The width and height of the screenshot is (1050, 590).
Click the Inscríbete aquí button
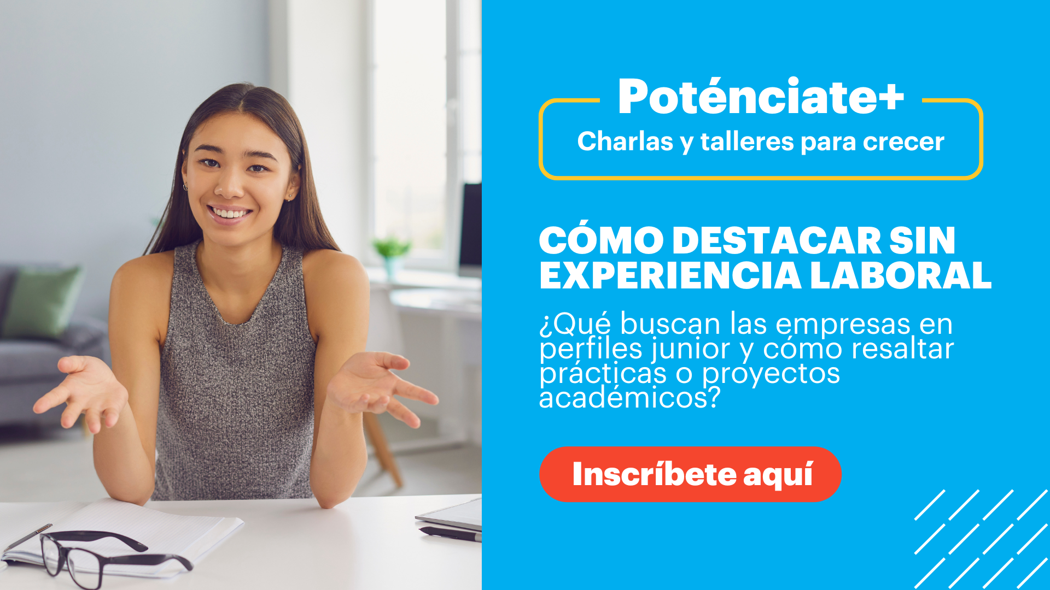[690, 474]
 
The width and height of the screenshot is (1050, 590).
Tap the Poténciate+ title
[761, 97]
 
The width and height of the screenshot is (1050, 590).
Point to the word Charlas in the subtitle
[625, 141]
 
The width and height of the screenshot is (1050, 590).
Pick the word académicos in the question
[629, 398]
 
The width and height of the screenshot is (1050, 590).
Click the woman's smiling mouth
[230, 213]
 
